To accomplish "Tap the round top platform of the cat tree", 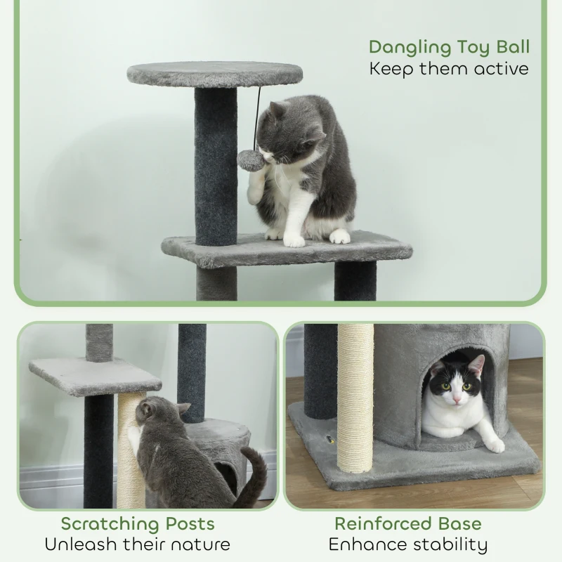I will point(215,73).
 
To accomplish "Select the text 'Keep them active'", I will point(449,69).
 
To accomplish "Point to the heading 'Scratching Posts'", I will point(138,523).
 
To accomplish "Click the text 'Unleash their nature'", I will point(138,544).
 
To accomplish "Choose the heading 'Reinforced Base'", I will point(408,523).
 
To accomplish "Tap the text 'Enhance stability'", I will point(408,544).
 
